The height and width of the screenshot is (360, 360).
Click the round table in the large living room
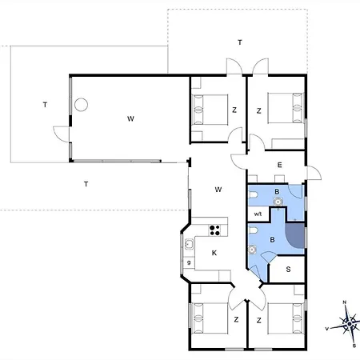click(x=81, y=105)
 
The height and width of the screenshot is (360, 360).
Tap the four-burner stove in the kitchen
click(x=214, y=230)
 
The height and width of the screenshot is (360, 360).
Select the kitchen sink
click(x=189, y=244)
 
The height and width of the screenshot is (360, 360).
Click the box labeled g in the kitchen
click(x=189, y=262)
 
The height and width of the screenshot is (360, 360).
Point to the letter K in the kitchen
click(x=214, y=253)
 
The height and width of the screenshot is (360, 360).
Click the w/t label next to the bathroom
click(x=258, y=214)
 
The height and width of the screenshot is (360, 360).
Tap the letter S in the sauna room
click(x=288, y=270)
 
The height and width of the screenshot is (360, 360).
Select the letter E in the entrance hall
click(x=279, y=165)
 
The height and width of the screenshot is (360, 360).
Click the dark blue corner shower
click(x=295, y=235)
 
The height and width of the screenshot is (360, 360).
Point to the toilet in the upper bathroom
click(x=254, y=195)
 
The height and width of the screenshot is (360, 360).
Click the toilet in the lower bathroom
click(x=254, y=230)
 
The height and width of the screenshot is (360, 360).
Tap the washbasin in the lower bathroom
click(x=252, y=250)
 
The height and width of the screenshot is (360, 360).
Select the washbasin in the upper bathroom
click(x=278, y=202)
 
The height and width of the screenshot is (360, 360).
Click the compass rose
click(x=349, y=324)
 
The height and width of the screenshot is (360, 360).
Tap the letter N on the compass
click(x=345, y=302)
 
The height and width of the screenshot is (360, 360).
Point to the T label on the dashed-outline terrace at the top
click(x=240, y=42)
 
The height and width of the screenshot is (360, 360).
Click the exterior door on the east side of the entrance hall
click(x=314, y=173)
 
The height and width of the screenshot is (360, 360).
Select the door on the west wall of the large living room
click(x=61, y=134)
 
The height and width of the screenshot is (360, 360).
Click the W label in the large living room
click(x=130, y=118)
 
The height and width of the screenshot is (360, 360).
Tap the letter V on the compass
click(x=326, y=329)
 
